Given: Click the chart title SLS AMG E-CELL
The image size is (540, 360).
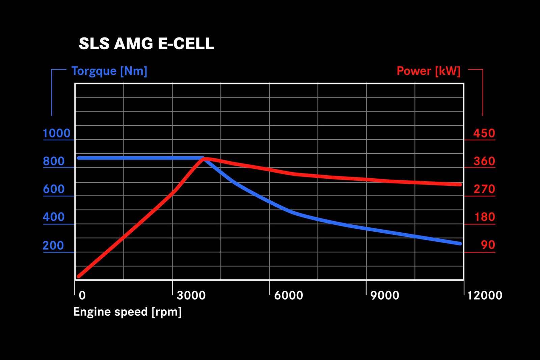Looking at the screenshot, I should coord(146,44).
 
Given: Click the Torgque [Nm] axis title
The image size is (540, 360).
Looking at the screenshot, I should coord(109,71).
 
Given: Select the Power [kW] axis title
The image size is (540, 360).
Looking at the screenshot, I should coord(428,71).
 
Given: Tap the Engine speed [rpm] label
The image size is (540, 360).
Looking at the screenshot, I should coord(127,312).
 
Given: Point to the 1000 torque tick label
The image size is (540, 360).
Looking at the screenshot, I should coord(57,133).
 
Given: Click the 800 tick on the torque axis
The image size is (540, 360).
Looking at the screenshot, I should coord(54,161).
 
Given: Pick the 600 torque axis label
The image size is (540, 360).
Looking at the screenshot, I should coord(54,189).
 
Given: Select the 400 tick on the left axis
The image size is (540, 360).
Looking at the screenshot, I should coord(54,217).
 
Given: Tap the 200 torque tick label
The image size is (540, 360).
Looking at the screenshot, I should coord(54,245).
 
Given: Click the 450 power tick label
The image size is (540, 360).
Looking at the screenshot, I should coord(484,133).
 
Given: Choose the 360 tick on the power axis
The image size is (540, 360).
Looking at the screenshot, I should coord(484,161).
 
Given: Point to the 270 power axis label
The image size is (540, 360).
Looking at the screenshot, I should coord(484,189).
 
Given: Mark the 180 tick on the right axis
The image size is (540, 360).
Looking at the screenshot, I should coord(485,217).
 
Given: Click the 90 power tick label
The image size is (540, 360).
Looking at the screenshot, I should coord(488,245).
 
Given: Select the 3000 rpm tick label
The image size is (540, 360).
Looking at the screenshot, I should coord(191,295).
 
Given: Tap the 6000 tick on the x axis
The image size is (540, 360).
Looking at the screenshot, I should coord(289,295).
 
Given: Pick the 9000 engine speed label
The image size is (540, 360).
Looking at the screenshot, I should coord(385,295).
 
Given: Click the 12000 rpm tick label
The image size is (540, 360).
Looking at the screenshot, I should coord(485,295).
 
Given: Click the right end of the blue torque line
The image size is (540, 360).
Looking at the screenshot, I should coord(460,243).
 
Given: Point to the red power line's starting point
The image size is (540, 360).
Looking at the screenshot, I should coord(79,276).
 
